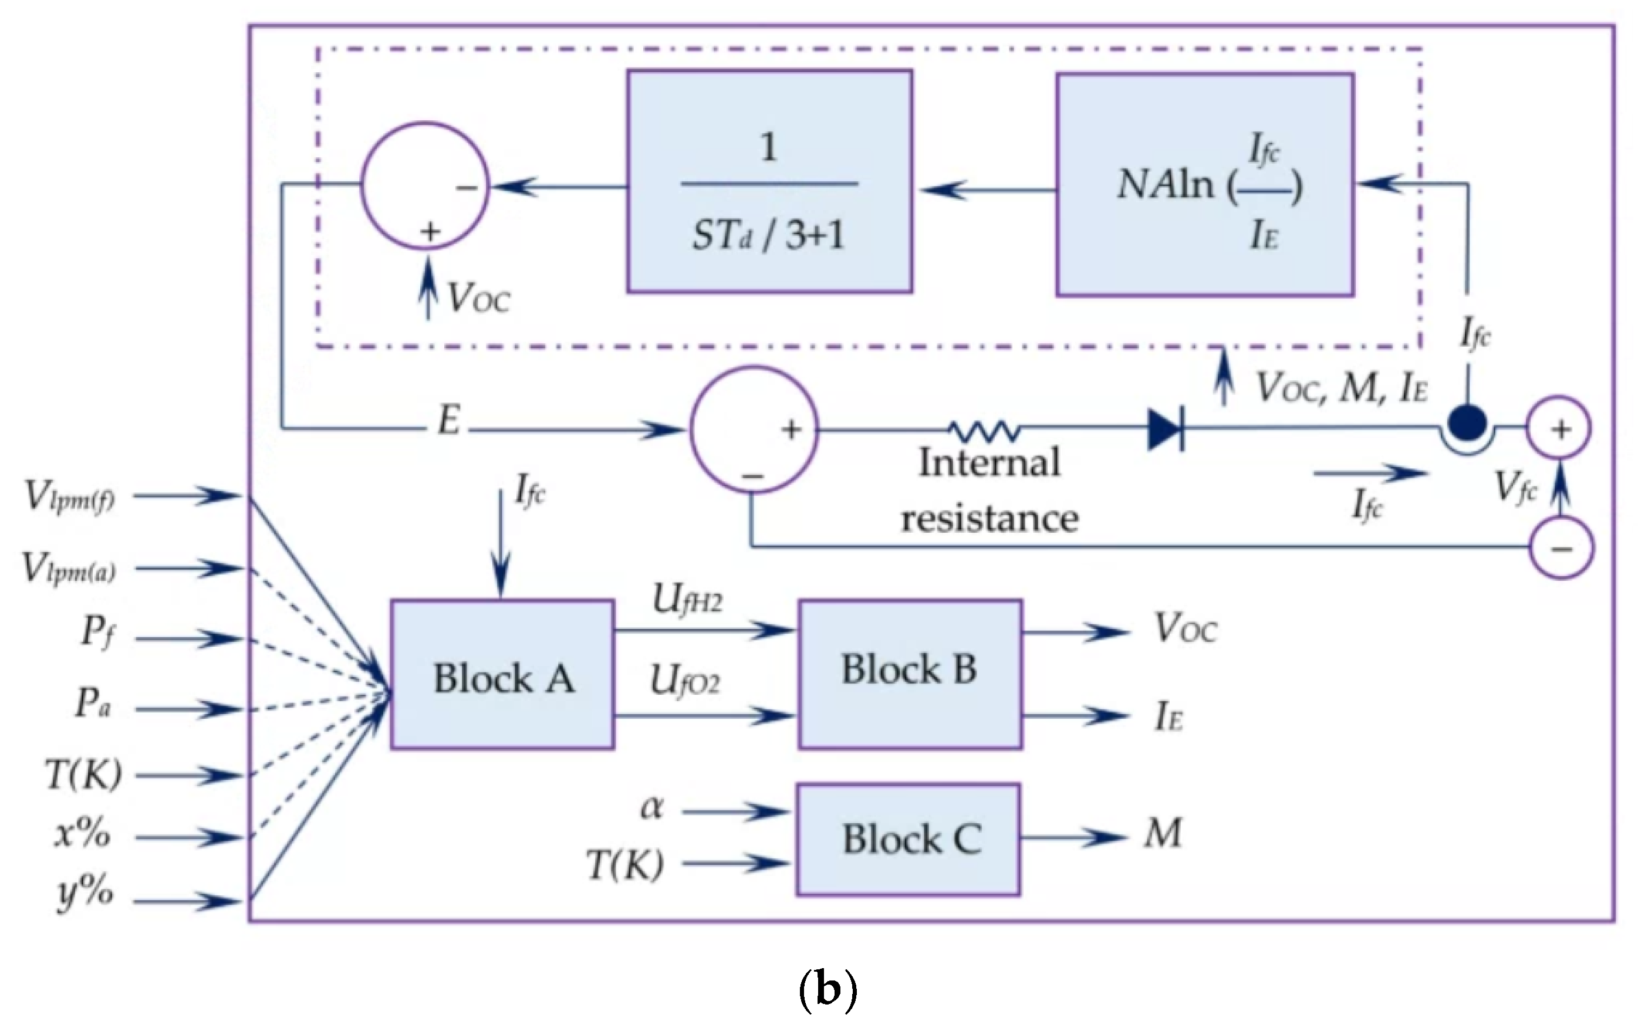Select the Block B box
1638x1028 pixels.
pos(910,674)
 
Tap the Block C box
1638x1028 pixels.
pos(908,839)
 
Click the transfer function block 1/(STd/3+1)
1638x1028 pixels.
pos(769,182)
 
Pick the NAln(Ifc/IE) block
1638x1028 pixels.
pos(1204,185)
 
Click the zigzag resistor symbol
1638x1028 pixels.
pos(984,430)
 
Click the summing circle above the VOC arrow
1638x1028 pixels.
pos(424,185)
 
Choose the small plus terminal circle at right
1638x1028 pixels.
pos(1561,429)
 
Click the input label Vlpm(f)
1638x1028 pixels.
pos(69,496)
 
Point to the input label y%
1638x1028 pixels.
pos(85,894)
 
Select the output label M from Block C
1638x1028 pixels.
pos(1162,834)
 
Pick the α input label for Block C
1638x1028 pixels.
pos(651,809)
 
